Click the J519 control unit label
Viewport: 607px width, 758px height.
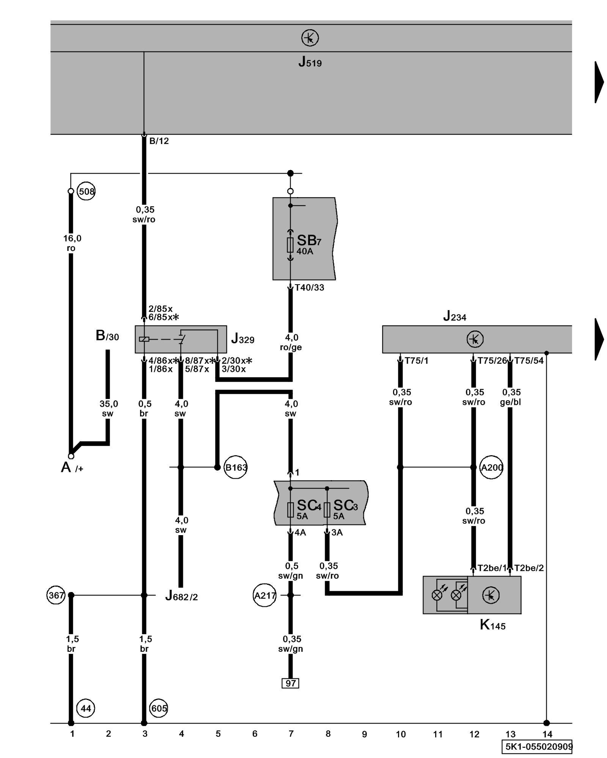click(x=310, y=61)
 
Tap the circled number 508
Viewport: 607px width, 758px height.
click(x=86, y=191)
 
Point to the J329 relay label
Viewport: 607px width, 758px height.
click(x=242, y=338)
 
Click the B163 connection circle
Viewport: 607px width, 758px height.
click(x=236, y=467)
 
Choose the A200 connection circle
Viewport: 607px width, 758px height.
click(x=491, y=467)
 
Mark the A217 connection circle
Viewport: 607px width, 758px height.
click(x=264, y=595)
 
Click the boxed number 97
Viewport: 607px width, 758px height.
click(x=290, y=683)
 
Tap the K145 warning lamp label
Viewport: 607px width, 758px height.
click(x=492, y=625)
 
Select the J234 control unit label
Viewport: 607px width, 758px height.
click(x=454, y=316)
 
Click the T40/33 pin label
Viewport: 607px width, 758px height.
click(x=310, y=288)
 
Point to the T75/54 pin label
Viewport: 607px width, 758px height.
click(x=529, y=361)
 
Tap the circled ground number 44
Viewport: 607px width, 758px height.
click(x=86, y=708)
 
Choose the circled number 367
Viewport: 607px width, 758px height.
click(x=56, y=595)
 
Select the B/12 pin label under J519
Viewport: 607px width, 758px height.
click(x=159, y=141)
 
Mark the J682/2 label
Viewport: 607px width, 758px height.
click(x=181, y=596)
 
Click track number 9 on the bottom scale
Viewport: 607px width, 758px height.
click(x=364, y=734)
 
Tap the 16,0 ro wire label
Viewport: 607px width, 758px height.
click(x=72, y=243)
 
